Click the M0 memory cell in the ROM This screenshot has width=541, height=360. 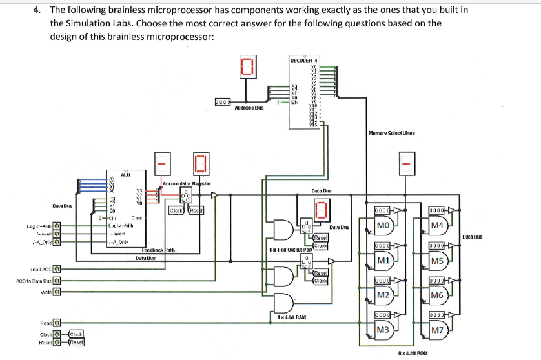point(382,225)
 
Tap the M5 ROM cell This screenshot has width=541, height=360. point(437,261)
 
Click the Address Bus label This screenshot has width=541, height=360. point(249,108)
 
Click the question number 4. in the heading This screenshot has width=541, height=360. point(38,10)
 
